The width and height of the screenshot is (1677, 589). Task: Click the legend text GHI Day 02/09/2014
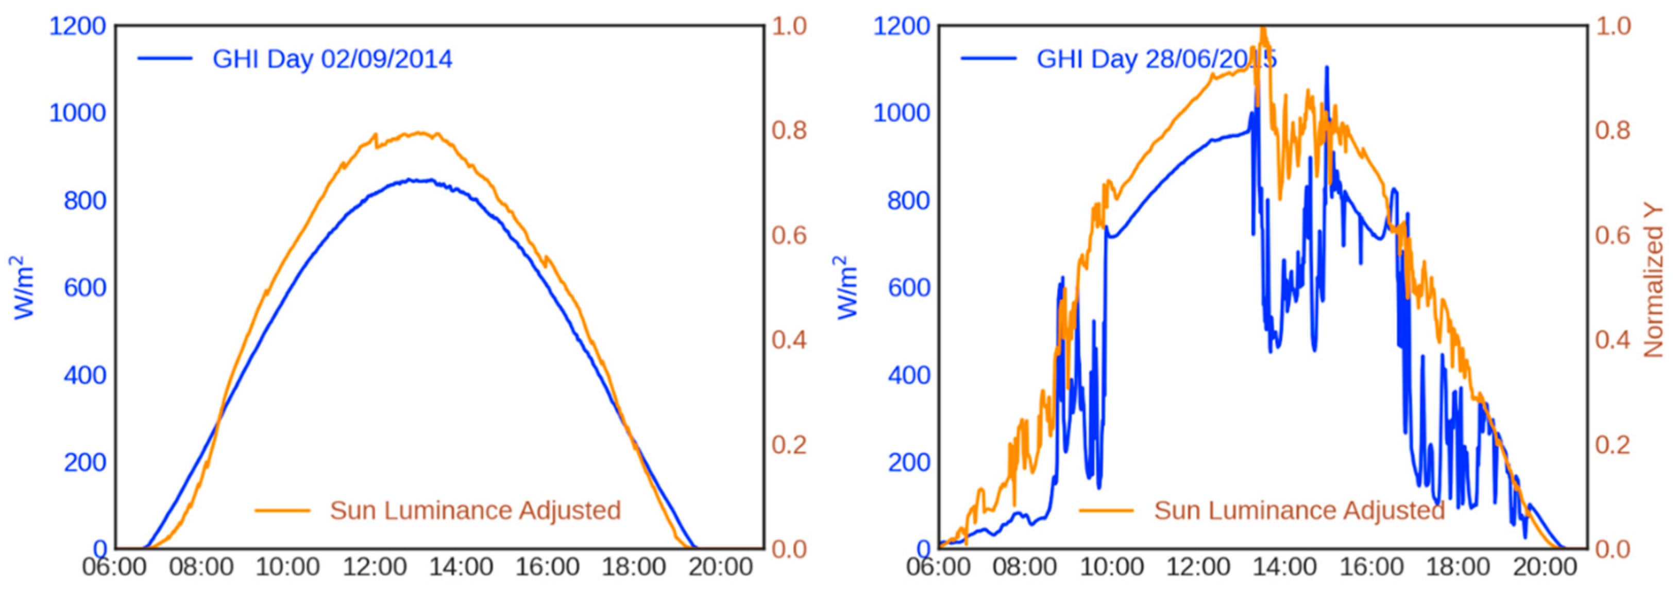click(x=332, y=59)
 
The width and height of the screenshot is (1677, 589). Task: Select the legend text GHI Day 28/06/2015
click(x=1156, y=59)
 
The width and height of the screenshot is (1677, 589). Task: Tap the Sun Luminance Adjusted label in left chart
click(x=475, y=511)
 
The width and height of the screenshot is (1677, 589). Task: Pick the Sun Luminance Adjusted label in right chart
click(x=1299, y=511)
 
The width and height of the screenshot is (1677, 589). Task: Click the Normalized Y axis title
click(x=1654, y=281)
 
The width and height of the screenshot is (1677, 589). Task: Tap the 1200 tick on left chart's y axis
click(x=77, y=27)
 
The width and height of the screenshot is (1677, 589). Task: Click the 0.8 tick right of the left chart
click(x=789, y=130)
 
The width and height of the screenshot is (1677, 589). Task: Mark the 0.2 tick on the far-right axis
click(x=1613, y=444)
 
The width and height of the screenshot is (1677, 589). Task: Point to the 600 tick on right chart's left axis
click(x=909, y=288)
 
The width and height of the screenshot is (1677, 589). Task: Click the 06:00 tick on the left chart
click(x=114, y=567)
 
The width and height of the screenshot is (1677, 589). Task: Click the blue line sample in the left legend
click(x=165, y=59)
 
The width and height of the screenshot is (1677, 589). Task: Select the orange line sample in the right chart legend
click(x=1106, y=511)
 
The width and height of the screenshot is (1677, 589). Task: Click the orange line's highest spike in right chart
click(x=1263, y=27)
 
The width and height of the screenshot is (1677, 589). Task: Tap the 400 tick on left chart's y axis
click(x=84, y=375)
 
